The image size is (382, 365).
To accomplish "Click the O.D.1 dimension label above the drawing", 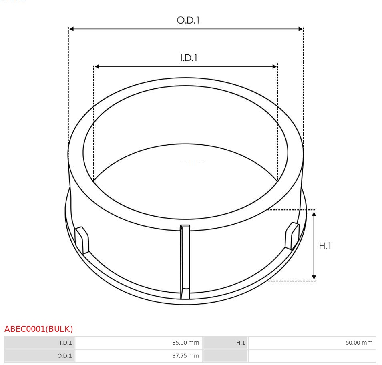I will [x=188, y=20].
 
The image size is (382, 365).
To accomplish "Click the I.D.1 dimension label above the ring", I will [x=189, y=58].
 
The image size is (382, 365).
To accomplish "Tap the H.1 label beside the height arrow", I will [x=325, y=246].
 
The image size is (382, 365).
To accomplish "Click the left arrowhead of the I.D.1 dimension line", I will [x=97, y=66].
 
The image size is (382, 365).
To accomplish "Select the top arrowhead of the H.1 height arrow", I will [x=314, y=215].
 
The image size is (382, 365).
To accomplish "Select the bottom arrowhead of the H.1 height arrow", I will [x=314, y=277].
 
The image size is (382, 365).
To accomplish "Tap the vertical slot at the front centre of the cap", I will [x=185, y=260].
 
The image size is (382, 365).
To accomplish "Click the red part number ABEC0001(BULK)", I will [x=39, y=329].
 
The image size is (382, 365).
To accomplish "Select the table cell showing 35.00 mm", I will [x=139, y=343].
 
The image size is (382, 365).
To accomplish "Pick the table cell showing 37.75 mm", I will [x=139, y=356].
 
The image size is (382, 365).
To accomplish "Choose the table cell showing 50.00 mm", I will [x=312, y=343].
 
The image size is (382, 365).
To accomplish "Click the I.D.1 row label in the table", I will [x=40, y=343].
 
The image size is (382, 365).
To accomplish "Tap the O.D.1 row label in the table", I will [x=40, y=356].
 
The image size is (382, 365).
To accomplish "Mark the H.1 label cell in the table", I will [x=226, y=343].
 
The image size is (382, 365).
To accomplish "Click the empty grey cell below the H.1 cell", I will [x=226, y=356].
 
